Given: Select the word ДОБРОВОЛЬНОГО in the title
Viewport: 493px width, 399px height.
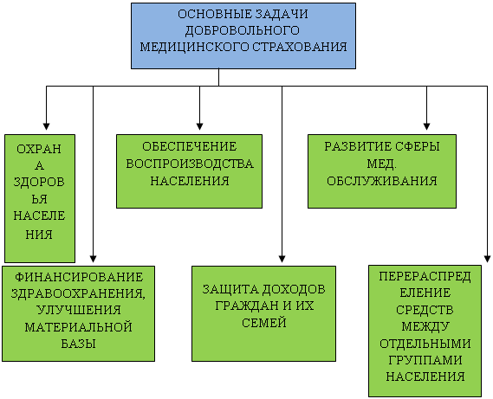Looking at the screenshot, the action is (242, 31).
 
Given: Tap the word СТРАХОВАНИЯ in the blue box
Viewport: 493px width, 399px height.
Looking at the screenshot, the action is (300, 47).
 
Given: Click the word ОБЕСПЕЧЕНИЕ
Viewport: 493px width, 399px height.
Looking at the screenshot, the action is (189, 147).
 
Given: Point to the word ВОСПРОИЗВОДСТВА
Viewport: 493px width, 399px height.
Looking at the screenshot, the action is (190, 164).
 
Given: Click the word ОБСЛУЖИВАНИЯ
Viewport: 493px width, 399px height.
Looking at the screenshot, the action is (382, 181).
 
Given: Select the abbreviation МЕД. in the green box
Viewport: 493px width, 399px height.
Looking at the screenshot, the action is (382, 164).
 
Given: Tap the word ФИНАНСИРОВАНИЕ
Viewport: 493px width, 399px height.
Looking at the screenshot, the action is (79, 277).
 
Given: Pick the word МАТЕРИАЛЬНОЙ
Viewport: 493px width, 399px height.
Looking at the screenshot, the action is (78, 327).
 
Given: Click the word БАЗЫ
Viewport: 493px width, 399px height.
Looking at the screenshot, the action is (78, 344).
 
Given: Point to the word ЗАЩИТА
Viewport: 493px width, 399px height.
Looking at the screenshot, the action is (230, 289).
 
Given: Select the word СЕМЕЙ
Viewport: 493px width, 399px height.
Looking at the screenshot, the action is (264, 323).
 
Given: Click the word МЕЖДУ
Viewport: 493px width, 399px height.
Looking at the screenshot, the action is (425, 326).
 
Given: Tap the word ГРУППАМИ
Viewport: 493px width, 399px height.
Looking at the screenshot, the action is (425, 360).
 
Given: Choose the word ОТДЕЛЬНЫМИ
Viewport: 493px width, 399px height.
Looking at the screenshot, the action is (425, 344).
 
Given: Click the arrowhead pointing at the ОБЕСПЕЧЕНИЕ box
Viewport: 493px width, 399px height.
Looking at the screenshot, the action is (199, 126).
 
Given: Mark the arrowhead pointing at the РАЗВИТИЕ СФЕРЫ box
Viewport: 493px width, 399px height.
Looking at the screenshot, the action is (426, 126).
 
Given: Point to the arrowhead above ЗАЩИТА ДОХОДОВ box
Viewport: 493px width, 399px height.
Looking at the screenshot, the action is (282, 259).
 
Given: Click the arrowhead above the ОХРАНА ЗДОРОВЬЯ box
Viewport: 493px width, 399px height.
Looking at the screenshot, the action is (46, 126).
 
